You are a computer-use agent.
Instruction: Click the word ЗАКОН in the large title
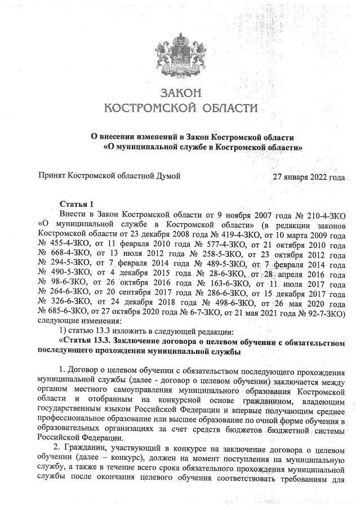coord(180,92)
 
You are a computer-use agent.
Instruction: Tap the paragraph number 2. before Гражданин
coord(63,455)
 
